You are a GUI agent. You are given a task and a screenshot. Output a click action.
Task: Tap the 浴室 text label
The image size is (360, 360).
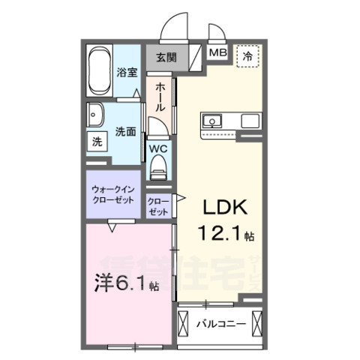point(127,73)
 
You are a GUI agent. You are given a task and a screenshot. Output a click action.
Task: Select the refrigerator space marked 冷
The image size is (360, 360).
point(245,55)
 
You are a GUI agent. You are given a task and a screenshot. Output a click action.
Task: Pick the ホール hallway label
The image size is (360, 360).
point(160,97)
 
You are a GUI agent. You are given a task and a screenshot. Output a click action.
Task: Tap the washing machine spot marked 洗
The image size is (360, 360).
point(96,141)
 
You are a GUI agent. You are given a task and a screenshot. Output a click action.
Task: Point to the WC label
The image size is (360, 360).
point(158,148)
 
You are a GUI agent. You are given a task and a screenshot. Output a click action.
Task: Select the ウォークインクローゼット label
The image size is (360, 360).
point(112,194)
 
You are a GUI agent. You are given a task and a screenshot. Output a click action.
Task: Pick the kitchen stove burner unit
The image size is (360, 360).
point(249,120)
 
